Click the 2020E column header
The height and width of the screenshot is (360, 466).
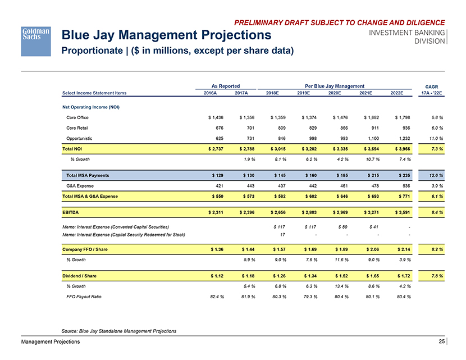(336, 93)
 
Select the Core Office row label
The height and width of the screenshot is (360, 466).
(77, 117)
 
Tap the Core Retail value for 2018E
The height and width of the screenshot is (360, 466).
(278, 127)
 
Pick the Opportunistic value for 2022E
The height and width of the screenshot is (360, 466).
(402, 138)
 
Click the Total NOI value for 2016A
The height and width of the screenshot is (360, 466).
(213, 148)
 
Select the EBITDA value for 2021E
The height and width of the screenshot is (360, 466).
(370, 212)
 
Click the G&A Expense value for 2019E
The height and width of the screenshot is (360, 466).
(310, 185)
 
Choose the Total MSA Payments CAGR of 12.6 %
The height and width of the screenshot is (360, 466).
(433, 175)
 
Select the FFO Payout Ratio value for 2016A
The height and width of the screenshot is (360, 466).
(214, 297)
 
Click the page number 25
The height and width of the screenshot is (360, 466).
(443, 342)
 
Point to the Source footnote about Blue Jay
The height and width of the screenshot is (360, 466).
(117, 331)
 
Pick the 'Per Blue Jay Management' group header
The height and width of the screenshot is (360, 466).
(335, 85)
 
